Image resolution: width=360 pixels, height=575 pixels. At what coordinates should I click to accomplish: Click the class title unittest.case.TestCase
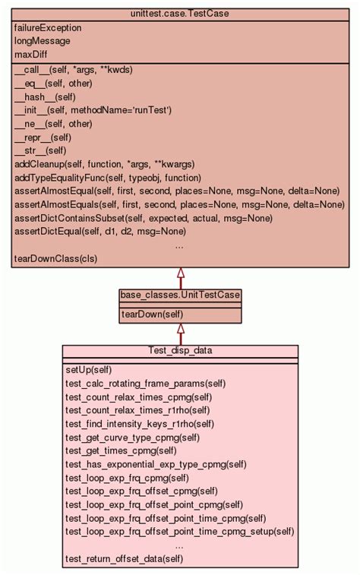click(180, 14)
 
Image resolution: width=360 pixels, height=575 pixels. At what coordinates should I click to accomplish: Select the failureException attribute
click(48, 27)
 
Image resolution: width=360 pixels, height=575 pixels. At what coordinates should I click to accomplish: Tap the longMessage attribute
click(42, 41)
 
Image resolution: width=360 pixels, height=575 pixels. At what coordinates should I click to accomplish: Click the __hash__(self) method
click(45, 96)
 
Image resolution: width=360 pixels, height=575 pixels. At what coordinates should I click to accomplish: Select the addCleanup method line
click(104, 163)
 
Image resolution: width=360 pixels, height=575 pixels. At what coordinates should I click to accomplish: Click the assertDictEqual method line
click(99, 231)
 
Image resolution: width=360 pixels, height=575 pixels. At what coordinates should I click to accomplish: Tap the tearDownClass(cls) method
click(55, 258)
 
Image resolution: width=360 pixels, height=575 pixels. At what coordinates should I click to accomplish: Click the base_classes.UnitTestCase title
click(180, 294)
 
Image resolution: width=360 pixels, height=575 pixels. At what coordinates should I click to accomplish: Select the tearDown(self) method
click(152, 314)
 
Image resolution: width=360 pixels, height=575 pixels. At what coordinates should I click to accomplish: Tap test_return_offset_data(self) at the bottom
click(124, 559)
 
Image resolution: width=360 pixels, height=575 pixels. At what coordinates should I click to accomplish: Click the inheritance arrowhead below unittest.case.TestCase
click(180, 273)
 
